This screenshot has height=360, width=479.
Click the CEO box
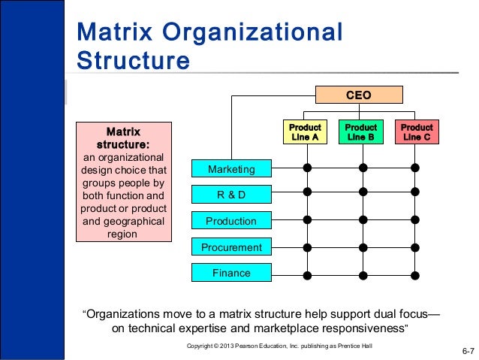tap(358, 95)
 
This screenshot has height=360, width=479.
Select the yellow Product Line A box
tap(305, 132)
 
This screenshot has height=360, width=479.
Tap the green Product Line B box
tap(361, 132)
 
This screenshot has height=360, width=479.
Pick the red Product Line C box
tap(417, 132)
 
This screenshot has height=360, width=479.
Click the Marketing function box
tap(230, 169)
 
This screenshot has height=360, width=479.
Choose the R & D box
tap(230, 195)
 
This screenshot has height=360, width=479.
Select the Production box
tap(230, 221)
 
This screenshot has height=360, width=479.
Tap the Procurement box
tap(230, 247)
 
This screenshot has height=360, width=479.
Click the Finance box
tap(230, 273)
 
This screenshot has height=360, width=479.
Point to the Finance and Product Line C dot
tap(415, 275)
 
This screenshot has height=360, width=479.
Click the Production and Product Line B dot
tap(363, 220)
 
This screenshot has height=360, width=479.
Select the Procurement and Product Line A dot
tap(306, 247)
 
